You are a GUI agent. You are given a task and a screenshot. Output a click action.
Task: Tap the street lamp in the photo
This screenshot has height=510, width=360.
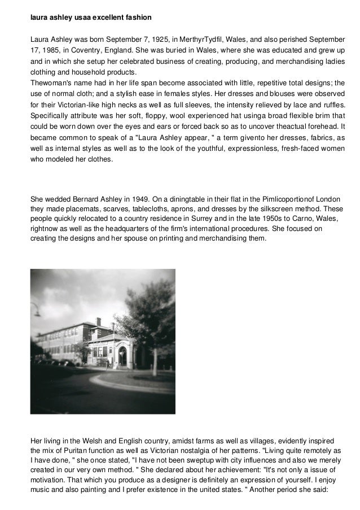(x=36, y=310)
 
